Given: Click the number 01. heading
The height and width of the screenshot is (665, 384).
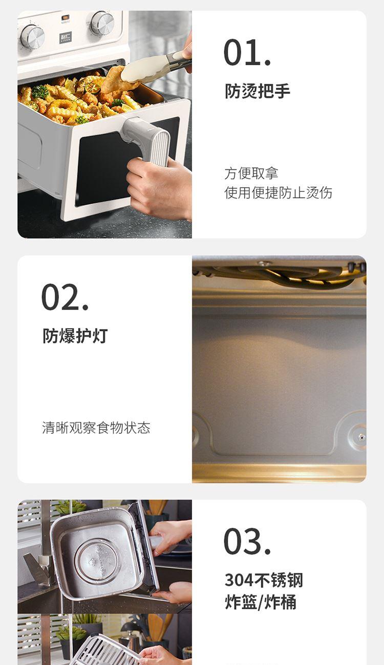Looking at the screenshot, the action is (x=247, y=53).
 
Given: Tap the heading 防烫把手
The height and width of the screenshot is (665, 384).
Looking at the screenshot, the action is (x=258, y=91).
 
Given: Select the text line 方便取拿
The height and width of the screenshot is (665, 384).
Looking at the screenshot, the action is (x=251, y=173).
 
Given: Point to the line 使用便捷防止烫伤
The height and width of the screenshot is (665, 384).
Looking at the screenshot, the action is (x=278, y=193).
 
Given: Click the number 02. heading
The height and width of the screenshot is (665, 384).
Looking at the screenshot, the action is (x=65, y=297).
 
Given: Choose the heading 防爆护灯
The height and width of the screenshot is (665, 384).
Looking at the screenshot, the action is (x=75, y=336).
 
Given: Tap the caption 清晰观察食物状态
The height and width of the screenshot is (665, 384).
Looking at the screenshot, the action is (x=96, y=428).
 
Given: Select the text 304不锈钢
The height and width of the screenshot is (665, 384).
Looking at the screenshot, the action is (x=264, y=580).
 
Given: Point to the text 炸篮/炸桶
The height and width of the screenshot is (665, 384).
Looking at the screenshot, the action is (x=261, y=602).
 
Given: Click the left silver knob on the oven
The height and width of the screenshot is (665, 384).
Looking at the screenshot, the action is (x=32, y=36).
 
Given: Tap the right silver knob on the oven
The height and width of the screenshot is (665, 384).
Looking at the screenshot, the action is (x=102, y=23).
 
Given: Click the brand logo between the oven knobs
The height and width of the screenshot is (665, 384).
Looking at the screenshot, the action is (x=66, y=38).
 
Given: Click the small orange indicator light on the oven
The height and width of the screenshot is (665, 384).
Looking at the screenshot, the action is (x=65, y=17).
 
